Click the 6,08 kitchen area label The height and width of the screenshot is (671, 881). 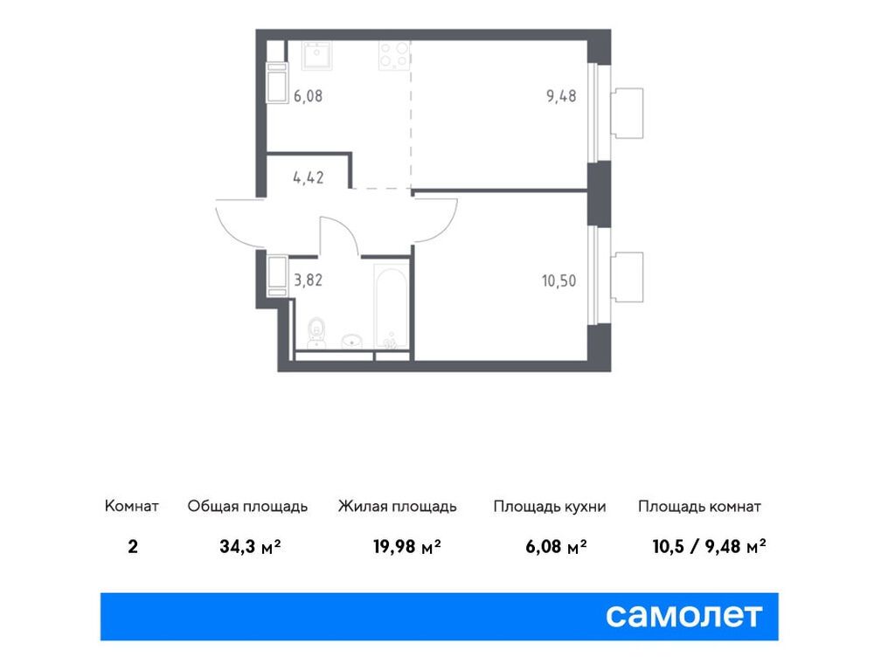pos(308,96)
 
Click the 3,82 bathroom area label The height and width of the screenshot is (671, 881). pos(308,280)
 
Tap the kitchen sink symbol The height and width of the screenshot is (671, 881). pos(313,56)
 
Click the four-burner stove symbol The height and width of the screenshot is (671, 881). pos(393,56)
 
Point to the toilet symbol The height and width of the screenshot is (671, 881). pos(318,331)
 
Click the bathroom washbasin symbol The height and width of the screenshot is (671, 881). pos(352,339)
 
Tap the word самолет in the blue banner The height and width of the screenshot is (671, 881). pos(683,616)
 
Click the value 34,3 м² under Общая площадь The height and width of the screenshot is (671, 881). pos(250,548)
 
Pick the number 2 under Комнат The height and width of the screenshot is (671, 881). pos(131,548)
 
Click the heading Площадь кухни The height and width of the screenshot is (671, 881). pos(549,507)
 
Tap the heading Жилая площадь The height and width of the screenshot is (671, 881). pos(397,507)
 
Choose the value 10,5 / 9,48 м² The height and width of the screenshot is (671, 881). pos(709,548)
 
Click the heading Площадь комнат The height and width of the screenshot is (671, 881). pos(699,507)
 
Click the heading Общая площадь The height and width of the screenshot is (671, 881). pos(247,507)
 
